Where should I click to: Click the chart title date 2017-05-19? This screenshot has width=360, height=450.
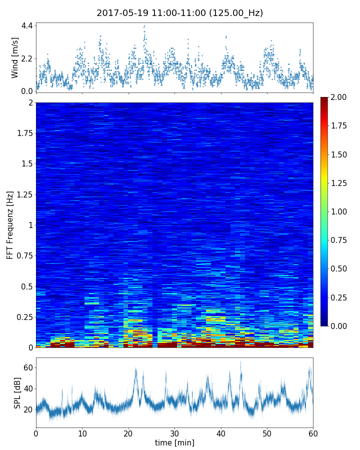[x=121, y=13]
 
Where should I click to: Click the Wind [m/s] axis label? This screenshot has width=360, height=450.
[x=15, y=57]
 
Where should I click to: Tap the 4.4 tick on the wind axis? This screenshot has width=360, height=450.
[x=27, y=25]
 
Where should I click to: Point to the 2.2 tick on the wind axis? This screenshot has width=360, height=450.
[x=27, y=58]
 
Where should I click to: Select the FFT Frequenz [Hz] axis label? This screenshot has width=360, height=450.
[x=10, y=225]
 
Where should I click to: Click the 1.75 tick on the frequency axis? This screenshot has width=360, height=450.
[x=23, y=133]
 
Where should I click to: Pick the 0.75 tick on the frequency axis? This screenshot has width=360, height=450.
[x=23, y=256]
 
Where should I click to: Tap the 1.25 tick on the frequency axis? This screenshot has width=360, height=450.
[x=23, y=195]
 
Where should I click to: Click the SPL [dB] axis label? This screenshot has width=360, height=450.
[x=17, y=392]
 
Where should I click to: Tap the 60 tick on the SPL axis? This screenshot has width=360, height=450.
[x=28, y=368]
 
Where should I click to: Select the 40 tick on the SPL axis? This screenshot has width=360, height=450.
[x=28, y=389]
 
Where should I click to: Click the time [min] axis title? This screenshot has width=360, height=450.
[x=174, y=442]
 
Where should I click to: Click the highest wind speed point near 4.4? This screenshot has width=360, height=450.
[x=144, y=25]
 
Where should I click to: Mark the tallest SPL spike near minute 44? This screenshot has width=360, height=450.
[x=240, y=361]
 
